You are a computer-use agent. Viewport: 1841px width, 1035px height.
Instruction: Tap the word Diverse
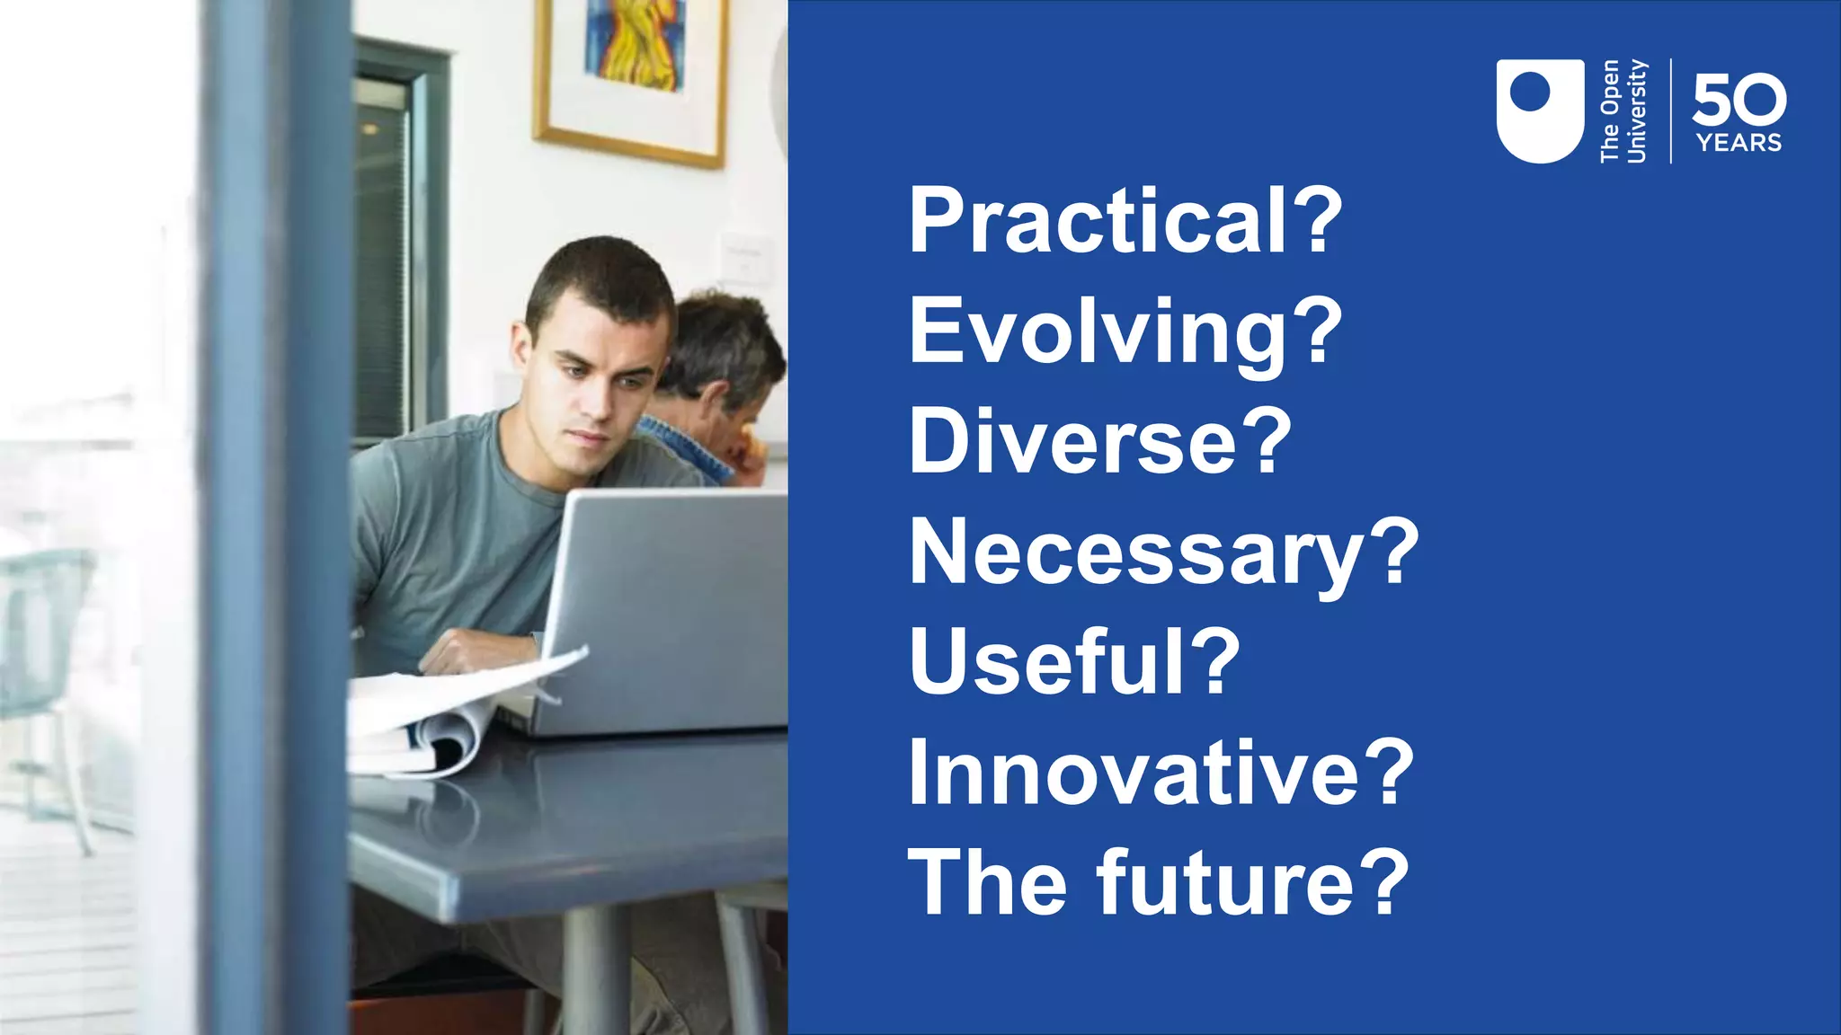pyautogui.click(x=1073, y=441)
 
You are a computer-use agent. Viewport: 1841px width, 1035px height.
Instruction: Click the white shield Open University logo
pyautogui.click(x=1539, y=111)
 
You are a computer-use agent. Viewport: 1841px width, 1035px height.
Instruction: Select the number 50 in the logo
pyautogui.click(x=1739, y=100)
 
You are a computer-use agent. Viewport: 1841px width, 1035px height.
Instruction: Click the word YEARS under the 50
pyautogui.click(x=1739, y=143)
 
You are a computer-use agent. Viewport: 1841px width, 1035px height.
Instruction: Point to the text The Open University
pyautogui.click(x=1623, y=111)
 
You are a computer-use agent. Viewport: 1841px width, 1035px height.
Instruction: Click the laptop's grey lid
pyautogui.click(x=670, y=602)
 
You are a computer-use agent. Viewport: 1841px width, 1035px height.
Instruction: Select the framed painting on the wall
pyautogui.click(x=631, y=72)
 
